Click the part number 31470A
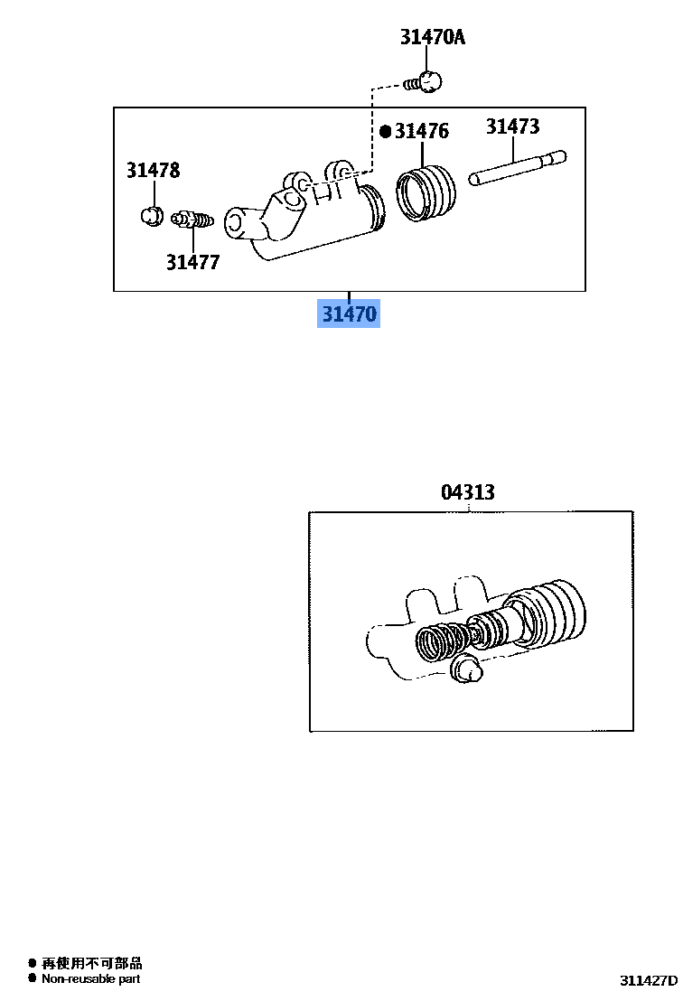433,38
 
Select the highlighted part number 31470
348,314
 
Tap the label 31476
421,132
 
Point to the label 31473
512,126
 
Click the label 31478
153,170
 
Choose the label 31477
192,263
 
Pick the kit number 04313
468,492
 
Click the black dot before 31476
386,132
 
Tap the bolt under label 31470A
424,82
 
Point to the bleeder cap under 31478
151,215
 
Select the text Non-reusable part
90,978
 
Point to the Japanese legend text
91,964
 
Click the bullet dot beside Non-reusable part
33,978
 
